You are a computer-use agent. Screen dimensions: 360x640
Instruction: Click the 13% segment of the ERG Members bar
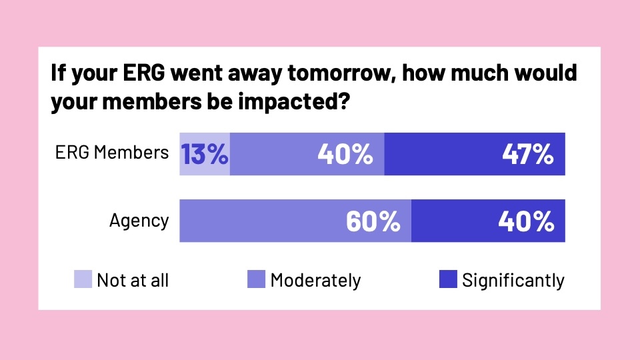click(205, 154)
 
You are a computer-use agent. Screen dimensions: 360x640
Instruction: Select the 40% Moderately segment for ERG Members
click(307, 154)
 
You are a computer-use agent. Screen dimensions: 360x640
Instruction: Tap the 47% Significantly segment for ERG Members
click(475, 154)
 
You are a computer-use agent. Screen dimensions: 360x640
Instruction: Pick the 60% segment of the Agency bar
click(295, 221)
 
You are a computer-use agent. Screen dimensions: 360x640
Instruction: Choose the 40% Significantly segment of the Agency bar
click(488, 221)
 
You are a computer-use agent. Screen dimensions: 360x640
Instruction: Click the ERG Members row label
click(111, 153)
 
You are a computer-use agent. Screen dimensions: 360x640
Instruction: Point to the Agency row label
click(139, 221)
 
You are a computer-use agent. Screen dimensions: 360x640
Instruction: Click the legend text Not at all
click(133, 280)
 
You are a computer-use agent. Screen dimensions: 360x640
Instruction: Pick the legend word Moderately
click(315, 280)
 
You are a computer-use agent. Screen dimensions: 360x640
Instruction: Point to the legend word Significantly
click(513, 280)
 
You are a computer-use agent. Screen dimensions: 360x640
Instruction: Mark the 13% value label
click(205, 155)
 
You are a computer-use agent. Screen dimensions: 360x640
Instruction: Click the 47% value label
click(529, 155)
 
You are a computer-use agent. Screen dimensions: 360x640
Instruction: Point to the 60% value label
click(373, 221)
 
